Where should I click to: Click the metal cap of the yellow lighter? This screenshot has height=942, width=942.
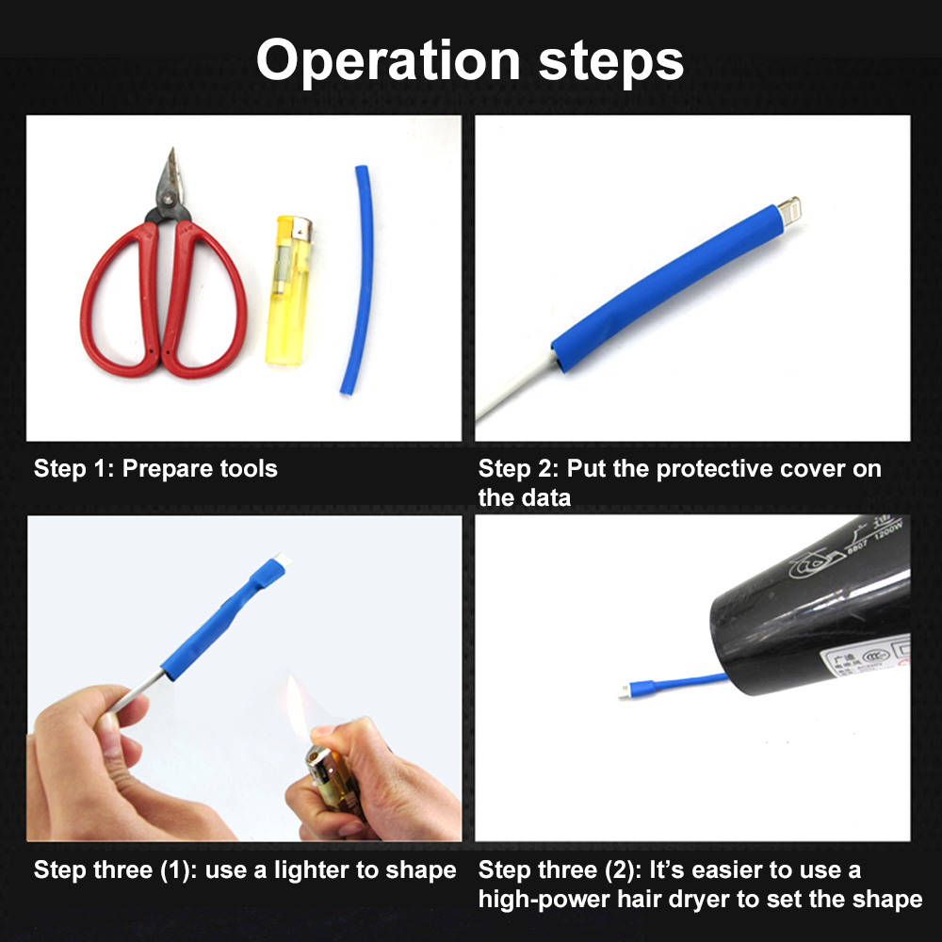coord(300,228)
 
